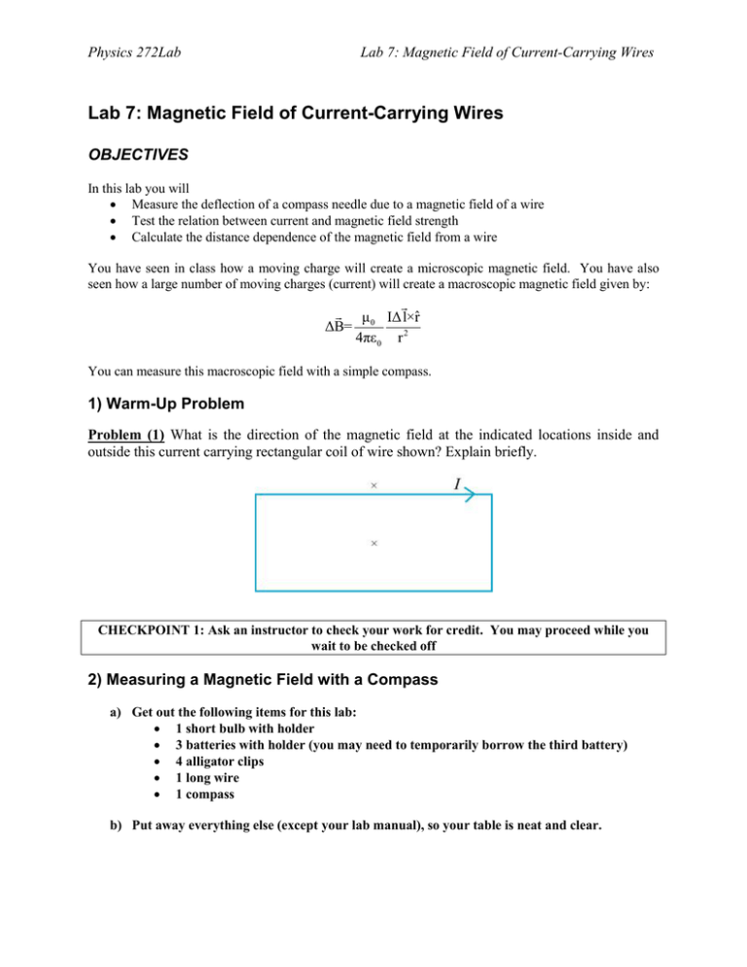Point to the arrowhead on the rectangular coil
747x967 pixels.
467,495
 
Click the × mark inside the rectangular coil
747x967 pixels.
373,543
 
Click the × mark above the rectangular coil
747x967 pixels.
373,483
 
